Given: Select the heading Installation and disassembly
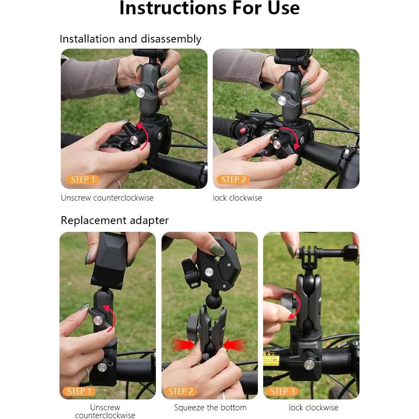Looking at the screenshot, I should [x=130, y=39].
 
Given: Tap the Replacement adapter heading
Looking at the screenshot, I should [x=115, y=221].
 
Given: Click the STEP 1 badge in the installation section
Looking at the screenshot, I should [x=82, y=179].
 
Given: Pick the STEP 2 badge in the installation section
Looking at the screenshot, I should [x=233, y=179].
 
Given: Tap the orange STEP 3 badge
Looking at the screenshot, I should [x=282, y=391].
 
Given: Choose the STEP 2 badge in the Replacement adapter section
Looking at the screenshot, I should [x=181, y=391].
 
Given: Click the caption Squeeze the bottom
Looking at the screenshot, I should [x=210, y=408].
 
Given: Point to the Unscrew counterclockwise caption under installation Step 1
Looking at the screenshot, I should [x=107, y=198].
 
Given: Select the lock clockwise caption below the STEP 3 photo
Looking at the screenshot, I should [x=313, y=408].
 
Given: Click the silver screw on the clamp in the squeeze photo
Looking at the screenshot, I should [x=208, y=272].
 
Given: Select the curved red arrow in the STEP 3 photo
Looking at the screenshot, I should [x=296, y=306].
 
